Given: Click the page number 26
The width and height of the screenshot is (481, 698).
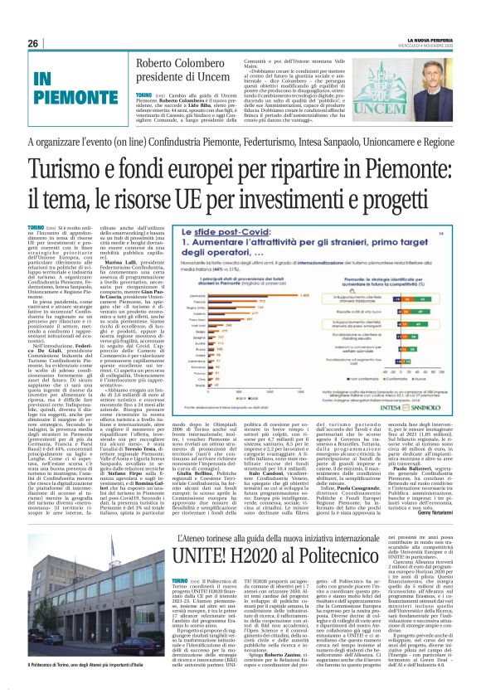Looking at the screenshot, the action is coord(32,43).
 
